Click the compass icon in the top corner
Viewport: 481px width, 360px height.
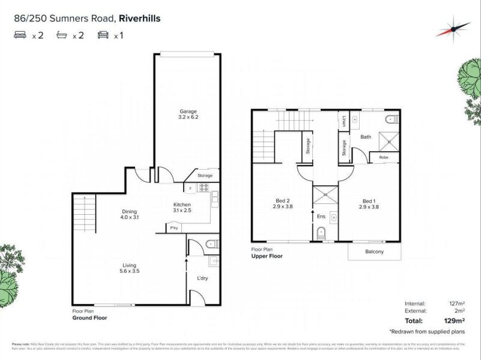(x=453, y=29)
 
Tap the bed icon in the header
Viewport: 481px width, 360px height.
(x=20, y=35)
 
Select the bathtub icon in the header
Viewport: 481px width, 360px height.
(x=62, y=35)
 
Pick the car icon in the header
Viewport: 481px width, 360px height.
(x=103, y=35)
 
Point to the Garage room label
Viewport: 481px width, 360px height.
(x=189, y=111)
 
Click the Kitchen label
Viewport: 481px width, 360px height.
(x=182, y=205)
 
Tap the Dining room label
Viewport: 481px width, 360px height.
(x=129, y=211)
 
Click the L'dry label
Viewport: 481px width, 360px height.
(x=202, y=278)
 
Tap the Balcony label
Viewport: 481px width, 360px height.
(x=374, y=251)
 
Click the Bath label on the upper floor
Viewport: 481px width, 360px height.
(x=366, y=137)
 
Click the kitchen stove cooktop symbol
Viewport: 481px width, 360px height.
(x=204, y=189)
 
